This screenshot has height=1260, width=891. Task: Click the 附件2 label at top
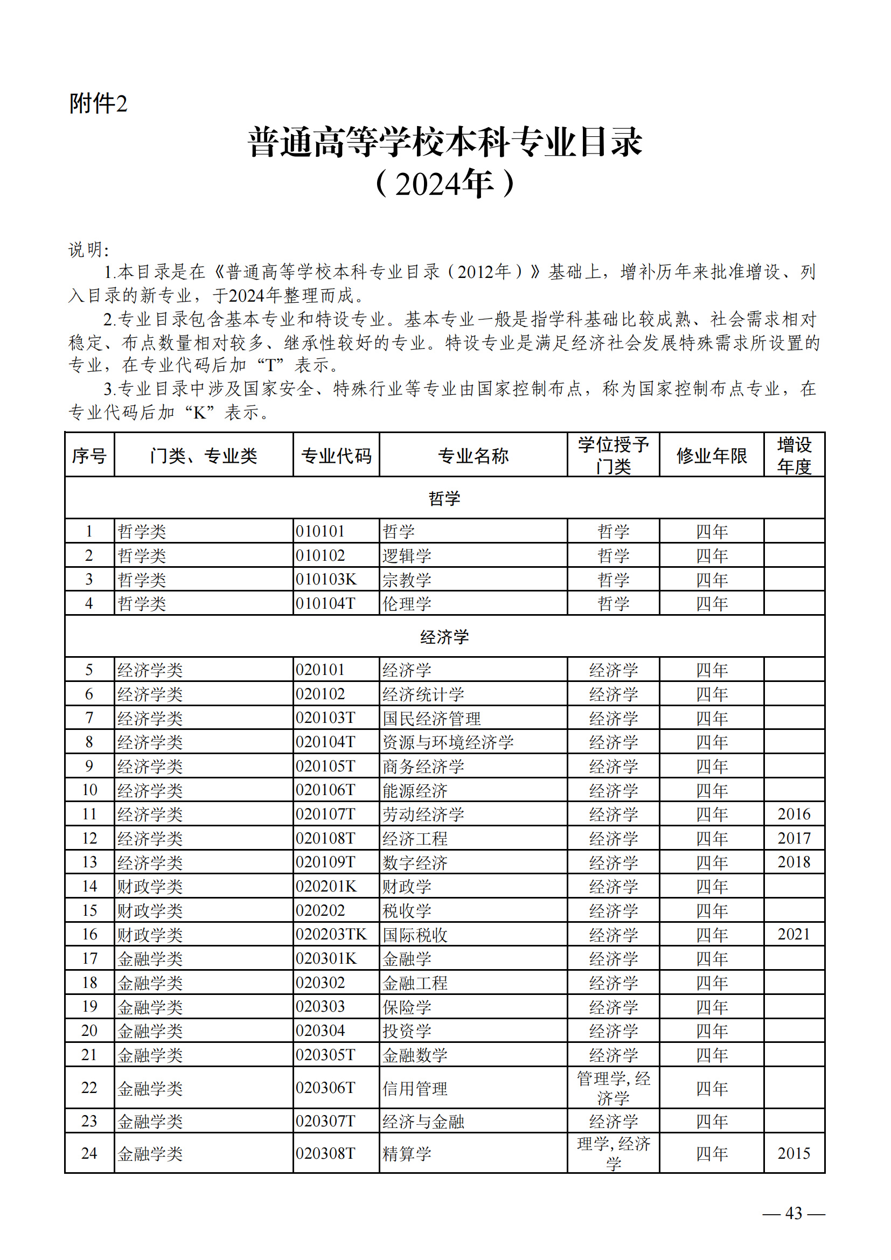click(x=98, y=104)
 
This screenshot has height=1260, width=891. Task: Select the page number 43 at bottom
click(x=793, y=1213)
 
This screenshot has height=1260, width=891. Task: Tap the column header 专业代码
click(x=336, y=456)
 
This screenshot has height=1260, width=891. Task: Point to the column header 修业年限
click(x=712, y=456)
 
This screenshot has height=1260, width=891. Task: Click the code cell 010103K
click(x=326, y=579)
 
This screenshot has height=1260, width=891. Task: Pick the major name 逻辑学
click(x=407, y=555)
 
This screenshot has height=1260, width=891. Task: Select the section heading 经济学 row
click(x=444, y=637)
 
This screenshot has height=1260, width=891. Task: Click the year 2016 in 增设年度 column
click(x=793, y=814)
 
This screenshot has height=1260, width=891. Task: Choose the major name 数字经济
click(x=415, y=862)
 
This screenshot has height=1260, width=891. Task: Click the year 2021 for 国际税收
click(x=793, y=934)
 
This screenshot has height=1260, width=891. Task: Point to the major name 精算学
click(x=407, y=1153)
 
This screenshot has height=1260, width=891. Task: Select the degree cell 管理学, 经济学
click(x=614, y=1088)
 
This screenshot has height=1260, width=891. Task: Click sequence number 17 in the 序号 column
click(x=89, y=958)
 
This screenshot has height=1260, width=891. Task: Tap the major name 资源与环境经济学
click(x=448, y=742)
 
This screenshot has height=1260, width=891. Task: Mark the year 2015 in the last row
click(x=793, y=1153)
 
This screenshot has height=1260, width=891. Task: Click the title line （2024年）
click(x=444, y=184)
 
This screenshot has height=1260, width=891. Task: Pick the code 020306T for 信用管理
click(x=325, y=1088)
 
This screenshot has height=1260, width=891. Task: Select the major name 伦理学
click(x=407, y=603)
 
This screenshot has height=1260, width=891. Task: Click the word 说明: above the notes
click(x=89, y=250)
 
